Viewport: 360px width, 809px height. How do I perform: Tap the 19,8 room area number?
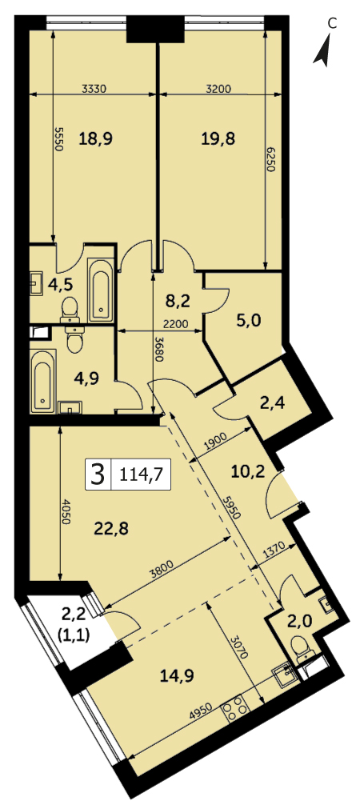point(218,138)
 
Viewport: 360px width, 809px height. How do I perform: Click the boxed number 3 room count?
point(97,474)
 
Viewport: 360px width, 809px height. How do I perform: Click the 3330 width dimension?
point(94,89)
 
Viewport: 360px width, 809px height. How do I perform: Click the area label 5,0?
point(250,320)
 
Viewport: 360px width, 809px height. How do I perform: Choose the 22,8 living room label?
point(111,528)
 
